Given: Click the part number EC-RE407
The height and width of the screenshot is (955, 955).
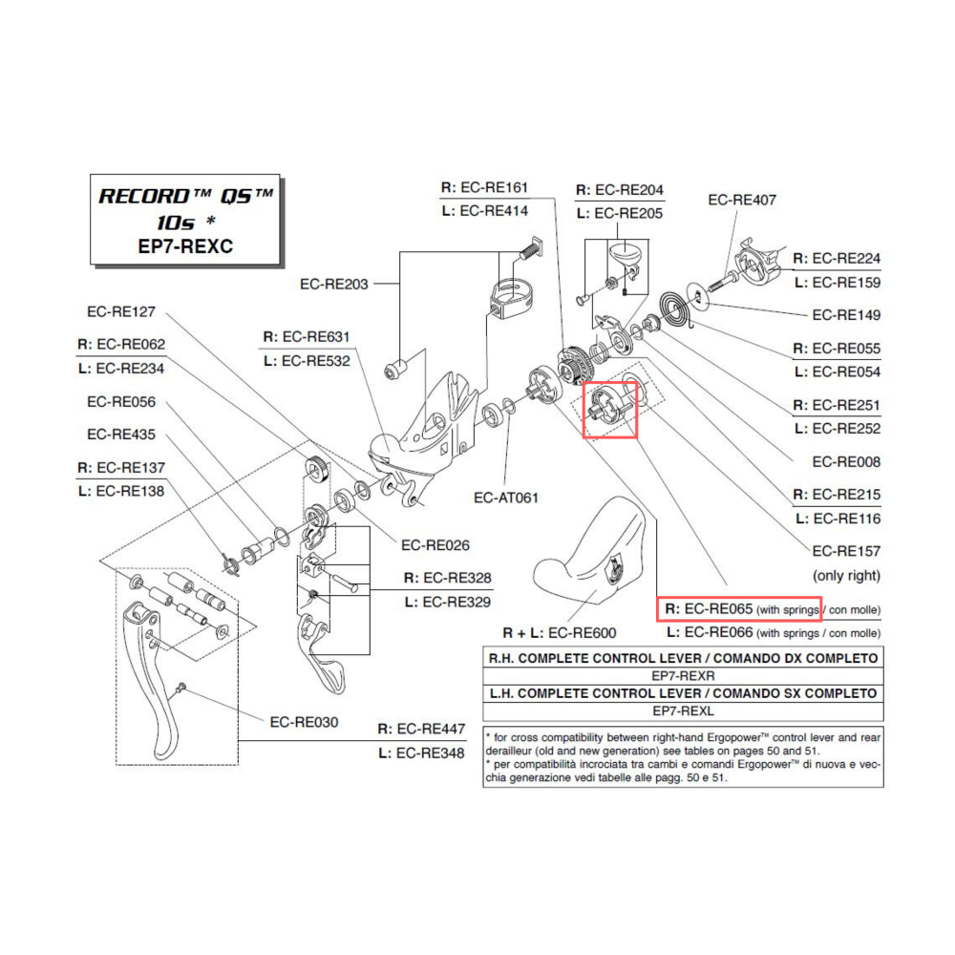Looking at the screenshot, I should click(x=742, y=201).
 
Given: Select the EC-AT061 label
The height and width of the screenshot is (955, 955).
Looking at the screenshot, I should click(x=506, y=498).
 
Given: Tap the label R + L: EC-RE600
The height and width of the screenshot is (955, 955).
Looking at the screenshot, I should click(x=560, y=633).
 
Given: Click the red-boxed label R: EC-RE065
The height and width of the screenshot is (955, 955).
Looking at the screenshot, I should click(x=738, y=609).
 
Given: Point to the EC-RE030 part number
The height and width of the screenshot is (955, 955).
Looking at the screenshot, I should click(x=304, y=723).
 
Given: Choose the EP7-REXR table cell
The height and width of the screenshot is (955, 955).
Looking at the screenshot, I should click(x=683, y=675).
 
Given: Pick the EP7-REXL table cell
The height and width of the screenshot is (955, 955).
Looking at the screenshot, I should click(x=683, y=711).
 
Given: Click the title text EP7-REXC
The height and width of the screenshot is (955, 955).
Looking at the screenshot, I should click(x=186, y=245).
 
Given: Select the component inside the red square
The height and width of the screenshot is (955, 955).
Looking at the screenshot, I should click(x=609, y=409).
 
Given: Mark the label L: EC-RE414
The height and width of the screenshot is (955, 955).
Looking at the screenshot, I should click(x=484, y=211).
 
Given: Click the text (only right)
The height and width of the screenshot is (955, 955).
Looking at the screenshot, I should click(x=845, y=576).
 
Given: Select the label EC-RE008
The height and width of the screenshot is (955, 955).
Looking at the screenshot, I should click(x=846, y=462).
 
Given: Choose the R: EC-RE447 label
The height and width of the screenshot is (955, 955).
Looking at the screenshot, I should click(x=421, y=730).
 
